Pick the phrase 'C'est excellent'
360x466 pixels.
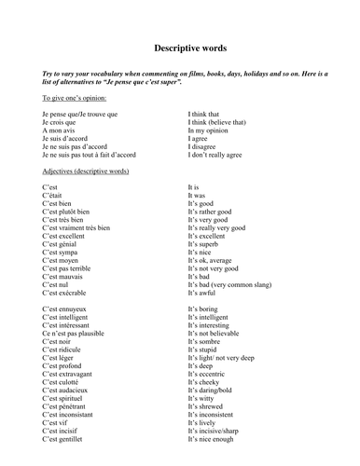click(x=68, y=237)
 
